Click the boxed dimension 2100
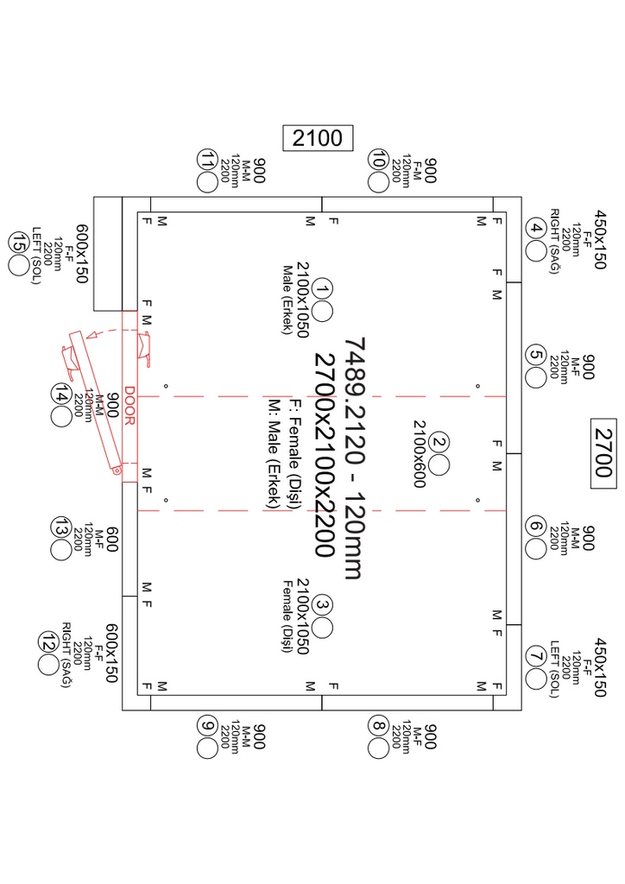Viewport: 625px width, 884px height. point(318,138)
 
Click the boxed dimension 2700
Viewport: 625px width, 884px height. point(603,453)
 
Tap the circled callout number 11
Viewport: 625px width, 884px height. point(207,160)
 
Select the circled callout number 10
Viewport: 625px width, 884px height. point(378,160)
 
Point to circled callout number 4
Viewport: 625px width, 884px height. point(535,229)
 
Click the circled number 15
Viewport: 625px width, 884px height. point(19,243)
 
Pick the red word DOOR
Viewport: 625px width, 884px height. point(129,406)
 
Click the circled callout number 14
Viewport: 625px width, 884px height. point(61,394)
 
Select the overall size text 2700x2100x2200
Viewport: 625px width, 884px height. point(325,454)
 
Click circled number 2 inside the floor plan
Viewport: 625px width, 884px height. point(439,443)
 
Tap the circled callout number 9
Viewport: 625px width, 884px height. point(207,725)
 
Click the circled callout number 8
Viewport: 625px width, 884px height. point(378,725)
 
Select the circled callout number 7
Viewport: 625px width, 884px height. point(535,656)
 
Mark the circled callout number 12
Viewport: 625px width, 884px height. point(48,641)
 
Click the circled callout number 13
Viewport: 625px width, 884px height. point(61,527)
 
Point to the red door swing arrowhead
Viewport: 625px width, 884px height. point(91,336)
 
